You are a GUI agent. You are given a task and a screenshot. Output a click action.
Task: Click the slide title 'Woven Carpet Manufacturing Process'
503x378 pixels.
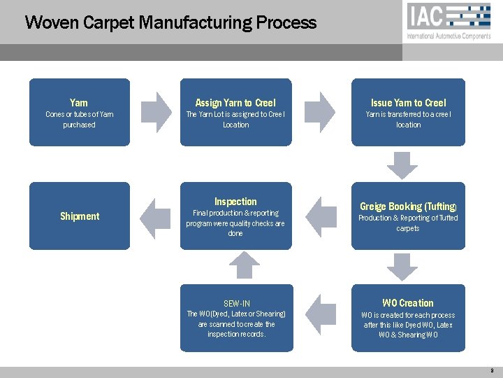[170, 22]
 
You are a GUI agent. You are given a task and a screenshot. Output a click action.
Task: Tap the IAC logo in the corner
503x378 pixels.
[449, 16]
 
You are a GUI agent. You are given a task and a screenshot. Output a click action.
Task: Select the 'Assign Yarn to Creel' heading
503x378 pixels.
[235, 103]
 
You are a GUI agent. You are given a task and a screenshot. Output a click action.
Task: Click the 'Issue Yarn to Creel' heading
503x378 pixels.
[409, 103]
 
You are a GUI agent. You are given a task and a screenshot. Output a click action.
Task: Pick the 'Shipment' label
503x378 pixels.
[80, 216]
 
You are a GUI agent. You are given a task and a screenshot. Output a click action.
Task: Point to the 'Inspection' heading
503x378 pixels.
[235, 202]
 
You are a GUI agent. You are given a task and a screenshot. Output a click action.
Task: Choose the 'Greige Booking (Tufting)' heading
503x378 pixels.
[408, 206]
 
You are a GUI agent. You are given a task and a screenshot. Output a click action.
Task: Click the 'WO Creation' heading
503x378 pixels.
[408, 303]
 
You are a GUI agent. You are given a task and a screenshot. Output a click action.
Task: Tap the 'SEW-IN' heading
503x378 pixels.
[236, 304]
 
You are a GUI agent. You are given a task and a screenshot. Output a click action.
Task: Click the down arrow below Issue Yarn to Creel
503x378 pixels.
[404, 165]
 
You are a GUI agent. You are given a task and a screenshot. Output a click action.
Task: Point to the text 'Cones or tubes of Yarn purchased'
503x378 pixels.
[80, 119]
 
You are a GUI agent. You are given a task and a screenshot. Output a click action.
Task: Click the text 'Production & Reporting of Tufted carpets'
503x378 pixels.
[408, 223]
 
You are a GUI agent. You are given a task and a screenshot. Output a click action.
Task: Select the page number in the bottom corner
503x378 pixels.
[492, 370]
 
